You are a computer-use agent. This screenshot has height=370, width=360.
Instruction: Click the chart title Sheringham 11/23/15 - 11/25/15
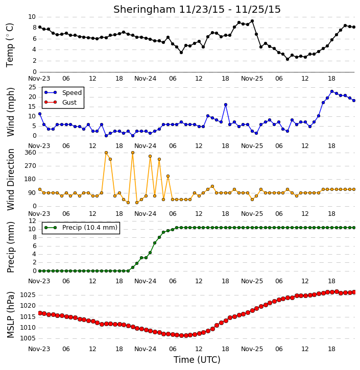coord(197,9)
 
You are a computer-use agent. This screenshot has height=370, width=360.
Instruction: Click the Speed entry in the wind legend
coord(63,92)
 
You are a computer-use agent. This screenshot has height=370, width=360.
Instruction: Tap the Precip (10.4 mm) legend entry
coord(81,228)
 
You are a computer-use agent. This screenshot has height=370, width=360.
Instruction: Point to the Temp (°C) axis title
coord(10,45)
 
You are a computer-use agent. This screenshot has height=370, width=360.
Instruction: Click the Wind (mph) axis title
coord(10,112)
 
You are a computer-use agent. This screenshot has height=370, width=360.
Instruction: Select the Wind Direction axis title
coord(10,179)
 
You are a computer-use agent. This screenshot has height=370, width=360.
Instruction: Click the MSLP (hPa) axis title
coord(10,315)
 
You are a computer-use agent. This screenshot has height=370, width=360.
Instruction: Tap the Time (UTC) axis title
coord(197,360)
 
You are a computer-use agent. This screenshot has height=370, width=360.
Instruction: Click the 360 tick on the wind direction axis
coord(30,153)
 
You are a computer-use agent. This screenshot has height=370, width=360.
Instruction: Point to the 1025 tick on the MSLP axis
coord(28,295)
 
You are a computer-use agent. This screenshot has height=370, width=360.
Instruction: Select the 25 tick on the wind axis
coord(32,87)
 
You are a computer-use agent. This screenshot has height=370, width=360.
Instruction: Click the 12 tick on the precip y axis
coord(32,221)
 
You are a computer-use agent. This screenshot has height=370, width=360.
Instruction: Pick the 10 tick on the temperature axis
coord(32,17)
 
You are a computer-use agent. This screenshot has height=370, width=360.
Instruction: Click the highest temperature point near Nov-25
coord(252,21)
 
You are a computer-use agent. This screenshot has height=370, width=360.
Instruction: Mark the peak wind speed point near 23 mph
coord(332,91)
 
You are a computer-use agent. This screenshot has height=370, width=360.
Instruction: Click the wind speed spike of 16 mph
coord(226,105)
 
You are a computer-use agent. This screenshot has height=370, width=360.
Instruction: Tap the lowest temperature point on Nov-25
coord(287,59)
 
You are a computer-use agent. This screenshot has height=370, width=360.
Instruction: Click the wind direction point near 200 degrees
coord(168,176)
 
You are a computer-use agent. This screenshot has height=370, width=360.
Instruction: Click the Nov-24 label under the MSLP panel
coord(145,349)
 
